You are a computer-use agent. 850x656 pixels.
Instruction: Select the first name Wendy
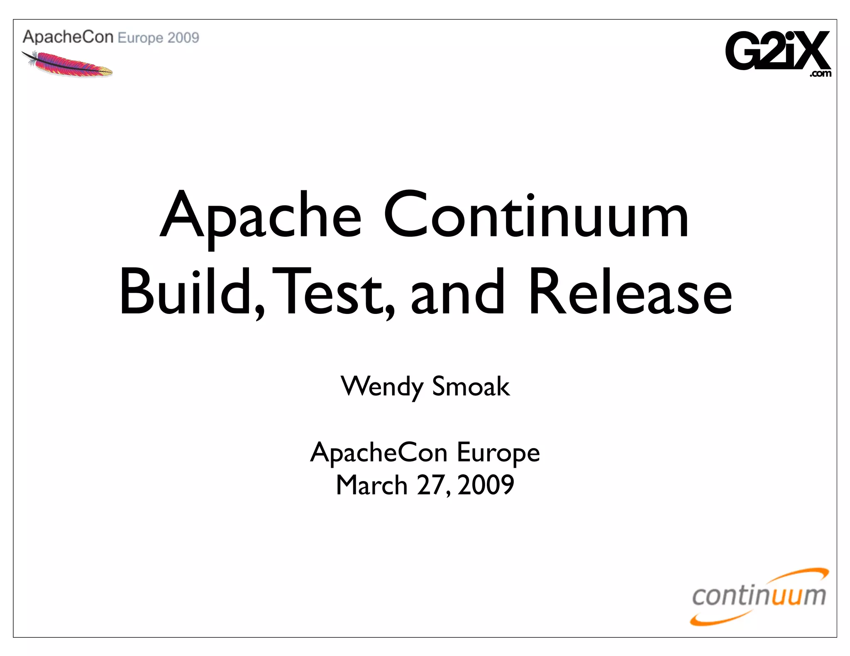coord(382,386)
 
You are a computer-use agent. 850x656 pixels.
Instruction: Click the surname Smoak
coord(471,386)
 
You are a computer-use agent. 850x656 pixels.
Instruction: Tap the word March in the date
coord(371,485)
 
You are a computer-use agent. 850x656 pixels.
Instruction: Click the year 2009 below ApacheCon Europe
coord(486,485)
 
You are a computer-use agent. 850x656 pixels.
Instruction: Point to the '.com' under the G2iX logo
coord(820,74)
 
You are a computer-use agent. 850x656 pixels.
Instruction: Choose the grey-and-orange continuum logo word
coord(759,596)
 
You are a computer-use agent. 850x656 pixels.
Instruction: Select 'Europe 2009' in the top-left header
coord(159,38)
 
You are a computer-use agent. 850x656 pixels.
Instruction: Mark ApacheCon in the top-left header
coord(68,37)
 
